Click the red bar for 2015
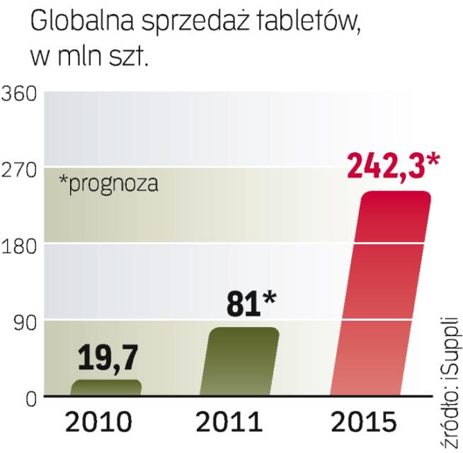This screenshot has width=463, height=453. [382, 294]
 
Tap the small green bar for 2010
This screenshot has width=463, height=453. [107, 387]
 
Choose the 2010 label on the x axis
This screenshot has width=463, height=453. [98, 425]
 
